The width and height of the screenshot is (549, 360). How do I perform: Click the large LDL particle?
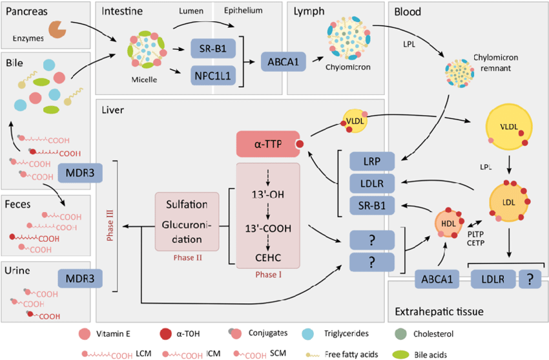[x=510, y=203]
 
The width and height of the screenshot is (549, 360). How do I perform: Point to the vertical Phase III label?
[x=110, y=220]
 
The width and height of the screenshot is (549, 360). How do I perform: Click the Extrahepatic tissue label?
[x=439, y=312]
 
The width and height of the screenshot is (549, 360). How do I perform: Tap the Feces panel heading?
[x=21, y=204]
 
